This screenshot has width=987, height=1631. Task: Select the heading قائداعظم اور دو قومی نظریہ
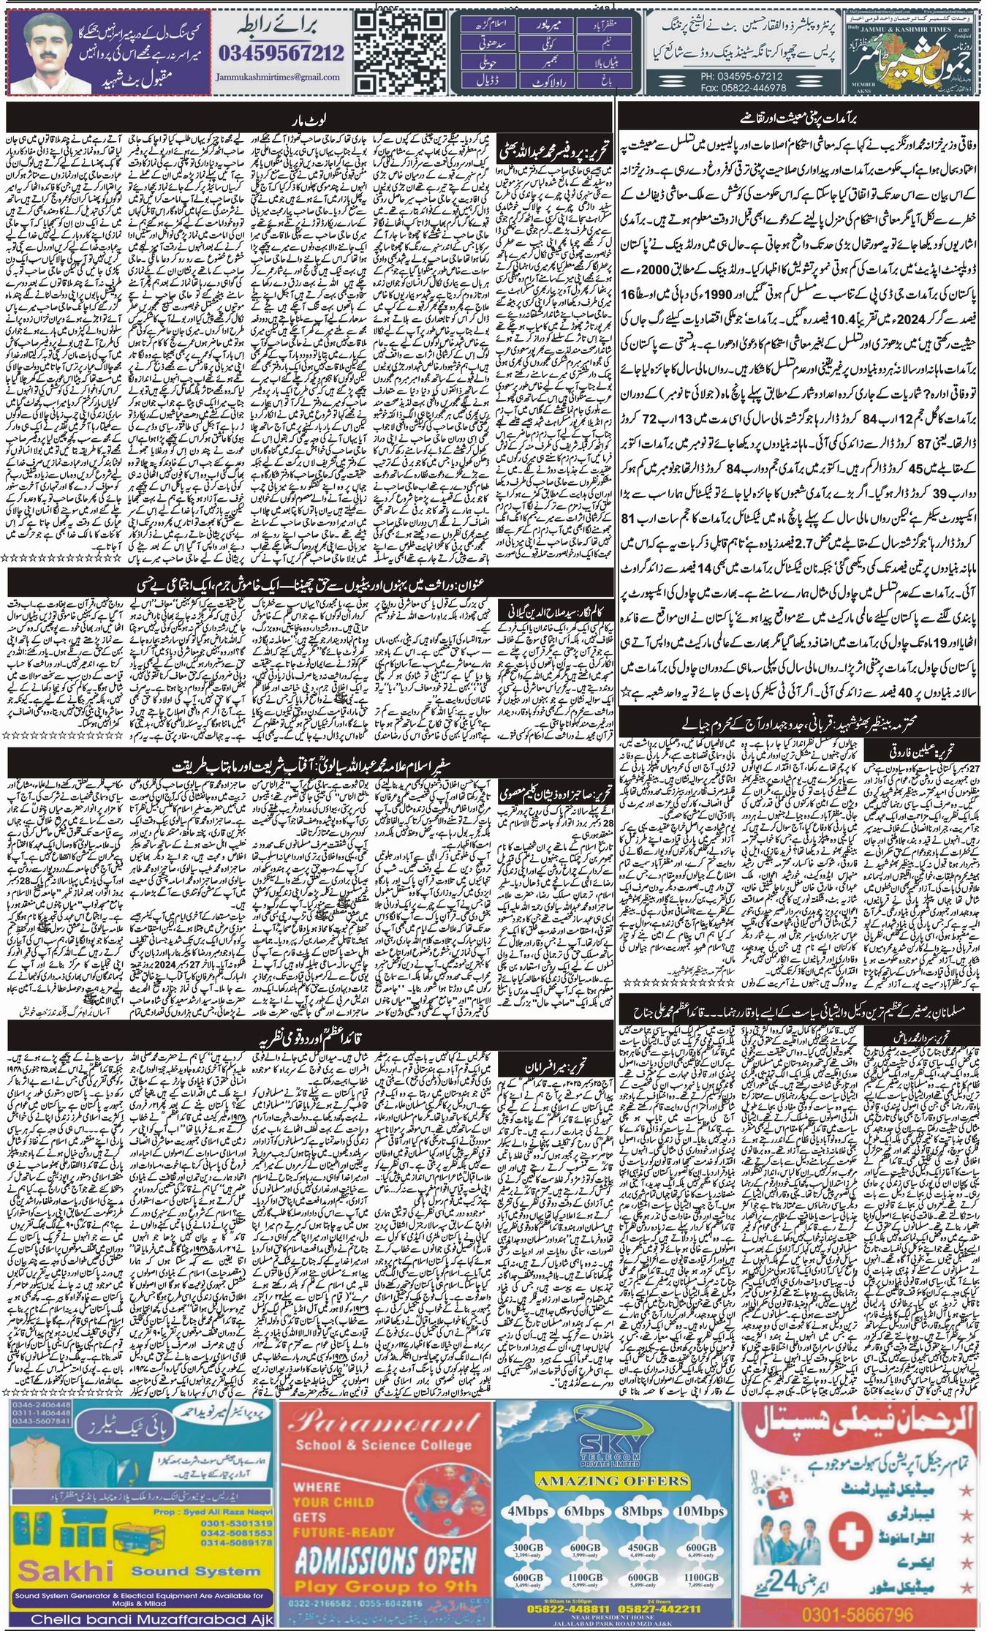(x=309, y=1040)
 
